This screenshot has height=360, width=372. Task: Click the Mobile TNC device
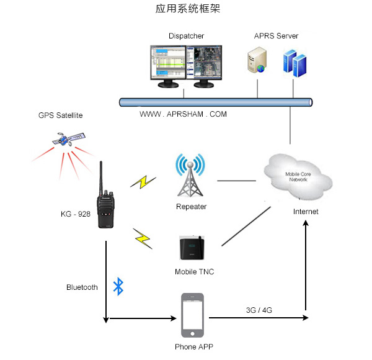pyautogui.click(x=191, y=248)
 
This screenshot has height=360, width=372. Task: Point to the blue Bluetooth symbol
pyautogui.click(x=118, y=286)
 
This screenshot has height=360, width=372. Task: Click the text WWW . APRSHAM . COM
pyautogui.click(x=183, y=114)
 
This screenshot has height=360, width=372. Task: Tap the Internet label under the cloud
pyautogui.click(x=306, y=212)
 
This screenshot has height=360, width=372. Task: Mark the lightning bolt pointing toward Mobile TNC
pyautogui.click(x=143, y=238)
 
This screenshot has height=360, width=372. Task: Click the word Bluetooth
pyautogui.click(x=82, y=287)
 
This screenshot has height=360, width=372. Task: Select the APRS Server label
pyautogui.click(x=276, y=36)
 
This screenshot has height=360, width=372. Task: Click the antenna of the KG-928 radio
pyautogui.click(x=101, y=176)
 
